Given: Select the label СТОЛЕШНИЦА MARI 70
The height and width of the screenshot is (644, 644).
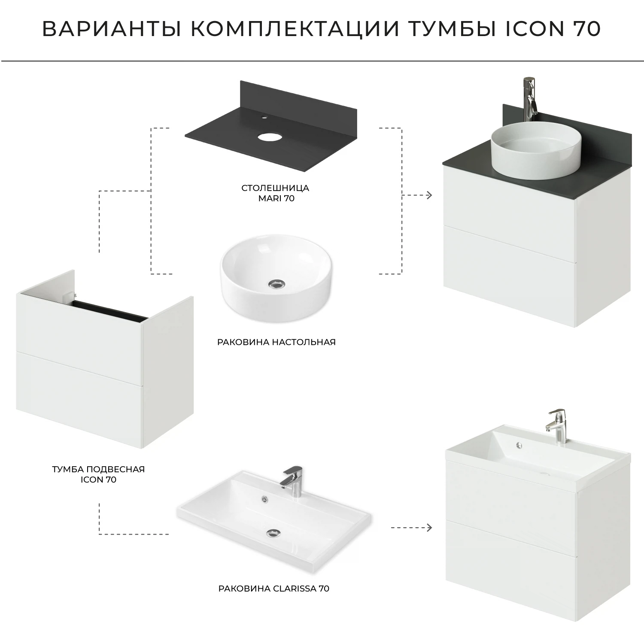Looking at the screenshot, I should (275, 193).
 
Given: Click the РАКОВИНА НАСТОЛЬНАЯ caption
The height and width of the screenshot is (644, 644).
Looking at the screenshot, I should (276, 342).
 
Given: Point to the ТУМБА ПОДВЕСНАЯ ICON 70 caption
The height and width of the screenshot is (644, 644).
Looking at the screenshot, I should (98, 474).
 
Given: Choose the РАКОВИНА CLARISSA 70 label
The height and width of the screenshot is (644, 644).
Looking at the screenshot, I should (274, 588).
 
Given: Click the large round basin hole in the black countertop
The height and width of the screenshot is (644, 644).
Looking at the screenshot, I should (268, 137).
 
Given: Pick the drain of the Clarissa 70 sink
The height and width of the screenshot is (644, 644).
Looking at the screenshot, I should (272, 533).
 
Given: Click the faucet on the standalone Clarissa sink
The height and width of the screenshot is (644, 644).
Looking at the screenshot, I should (292, 481).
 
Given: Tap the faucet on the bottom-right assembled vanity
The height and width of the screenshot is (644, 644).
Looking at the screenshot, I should (558, 425).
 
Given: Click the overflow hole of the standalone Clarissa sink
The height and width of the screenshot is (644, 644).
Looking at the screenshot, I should (264, 498).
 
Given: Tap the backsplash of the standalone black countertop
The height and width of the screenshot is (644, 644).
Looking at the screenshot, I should (275, 99).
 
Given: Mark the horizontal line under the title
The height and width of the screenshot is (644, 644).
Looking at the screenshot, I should (322, 61).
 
